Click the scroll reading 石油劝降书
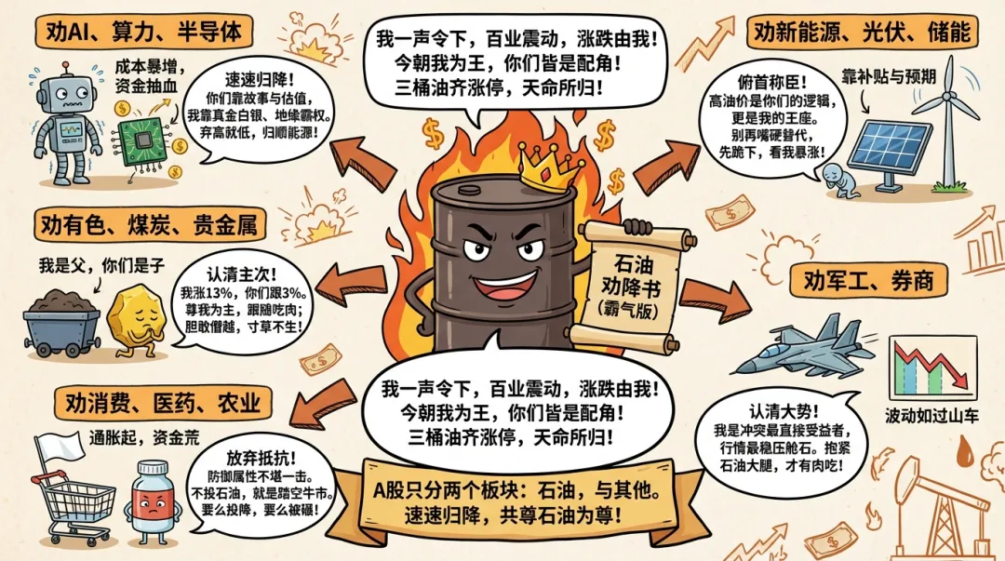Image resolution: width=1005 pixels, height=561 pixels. click(629, 285)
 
